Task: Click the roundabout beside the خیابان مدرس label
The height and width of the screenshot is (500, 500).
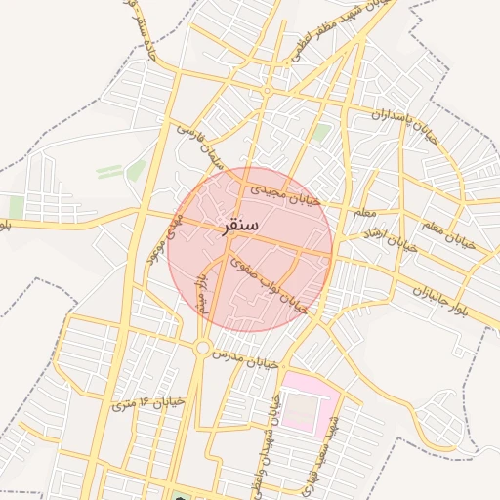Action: coord(202,348)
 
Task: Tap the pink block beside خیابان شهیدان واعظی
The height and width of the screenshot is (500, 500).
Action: coord(310,403)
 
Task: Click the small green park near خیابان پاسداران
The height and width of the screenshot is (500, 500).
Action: coord(321,132)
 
